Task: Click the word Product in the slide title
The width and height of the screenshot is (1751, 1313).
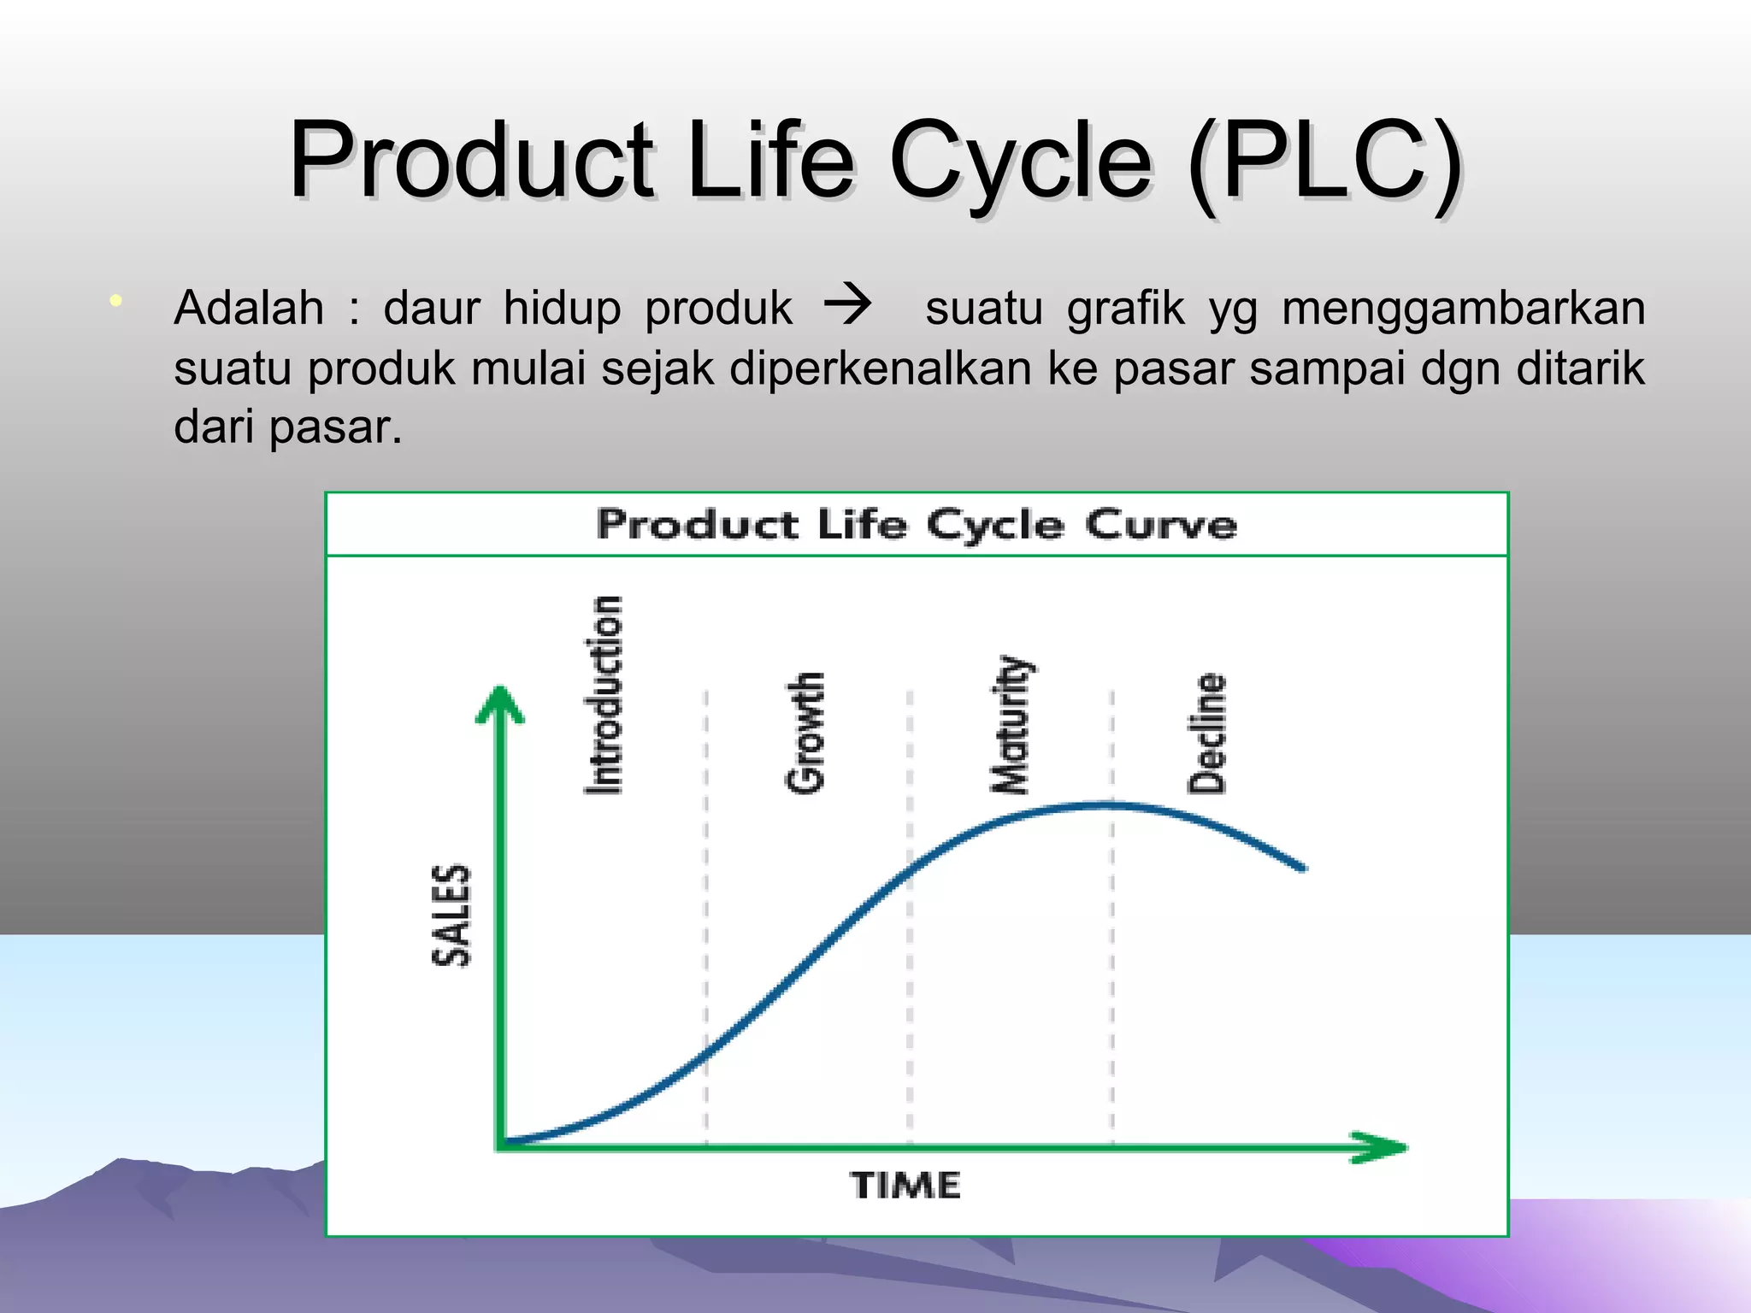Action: click(471, 160)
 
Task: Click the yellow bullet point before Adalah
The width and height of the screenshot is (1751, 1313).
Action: click(115, 301)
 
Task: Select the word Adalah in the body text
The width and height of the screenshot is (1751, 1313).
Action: click(249, 308)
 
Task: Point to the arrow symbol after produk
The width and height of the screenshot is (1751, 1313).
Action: click(846, 305)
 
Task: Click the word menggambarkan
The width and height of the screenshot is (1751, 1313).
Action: click(1463, 309)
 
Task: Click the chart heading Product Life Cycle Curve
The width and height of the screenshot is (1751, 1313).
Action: click(917, 524)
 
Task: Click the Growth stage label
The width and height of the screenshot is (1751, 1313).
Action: click(805, 733)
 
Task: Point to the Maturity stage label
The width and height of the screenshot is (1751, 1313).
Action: click(1011, 725)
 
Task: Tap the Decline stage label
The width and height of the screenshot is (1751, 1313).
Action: click(1207, 733)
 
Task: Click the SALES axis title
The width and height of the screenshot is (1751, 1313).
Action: click(451, 915)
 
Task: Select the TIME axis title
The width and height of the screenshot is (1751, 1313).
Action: click(905, 1186)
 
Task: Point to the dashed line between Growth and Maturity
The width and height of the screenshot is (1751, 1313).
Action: click(909, 983)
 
